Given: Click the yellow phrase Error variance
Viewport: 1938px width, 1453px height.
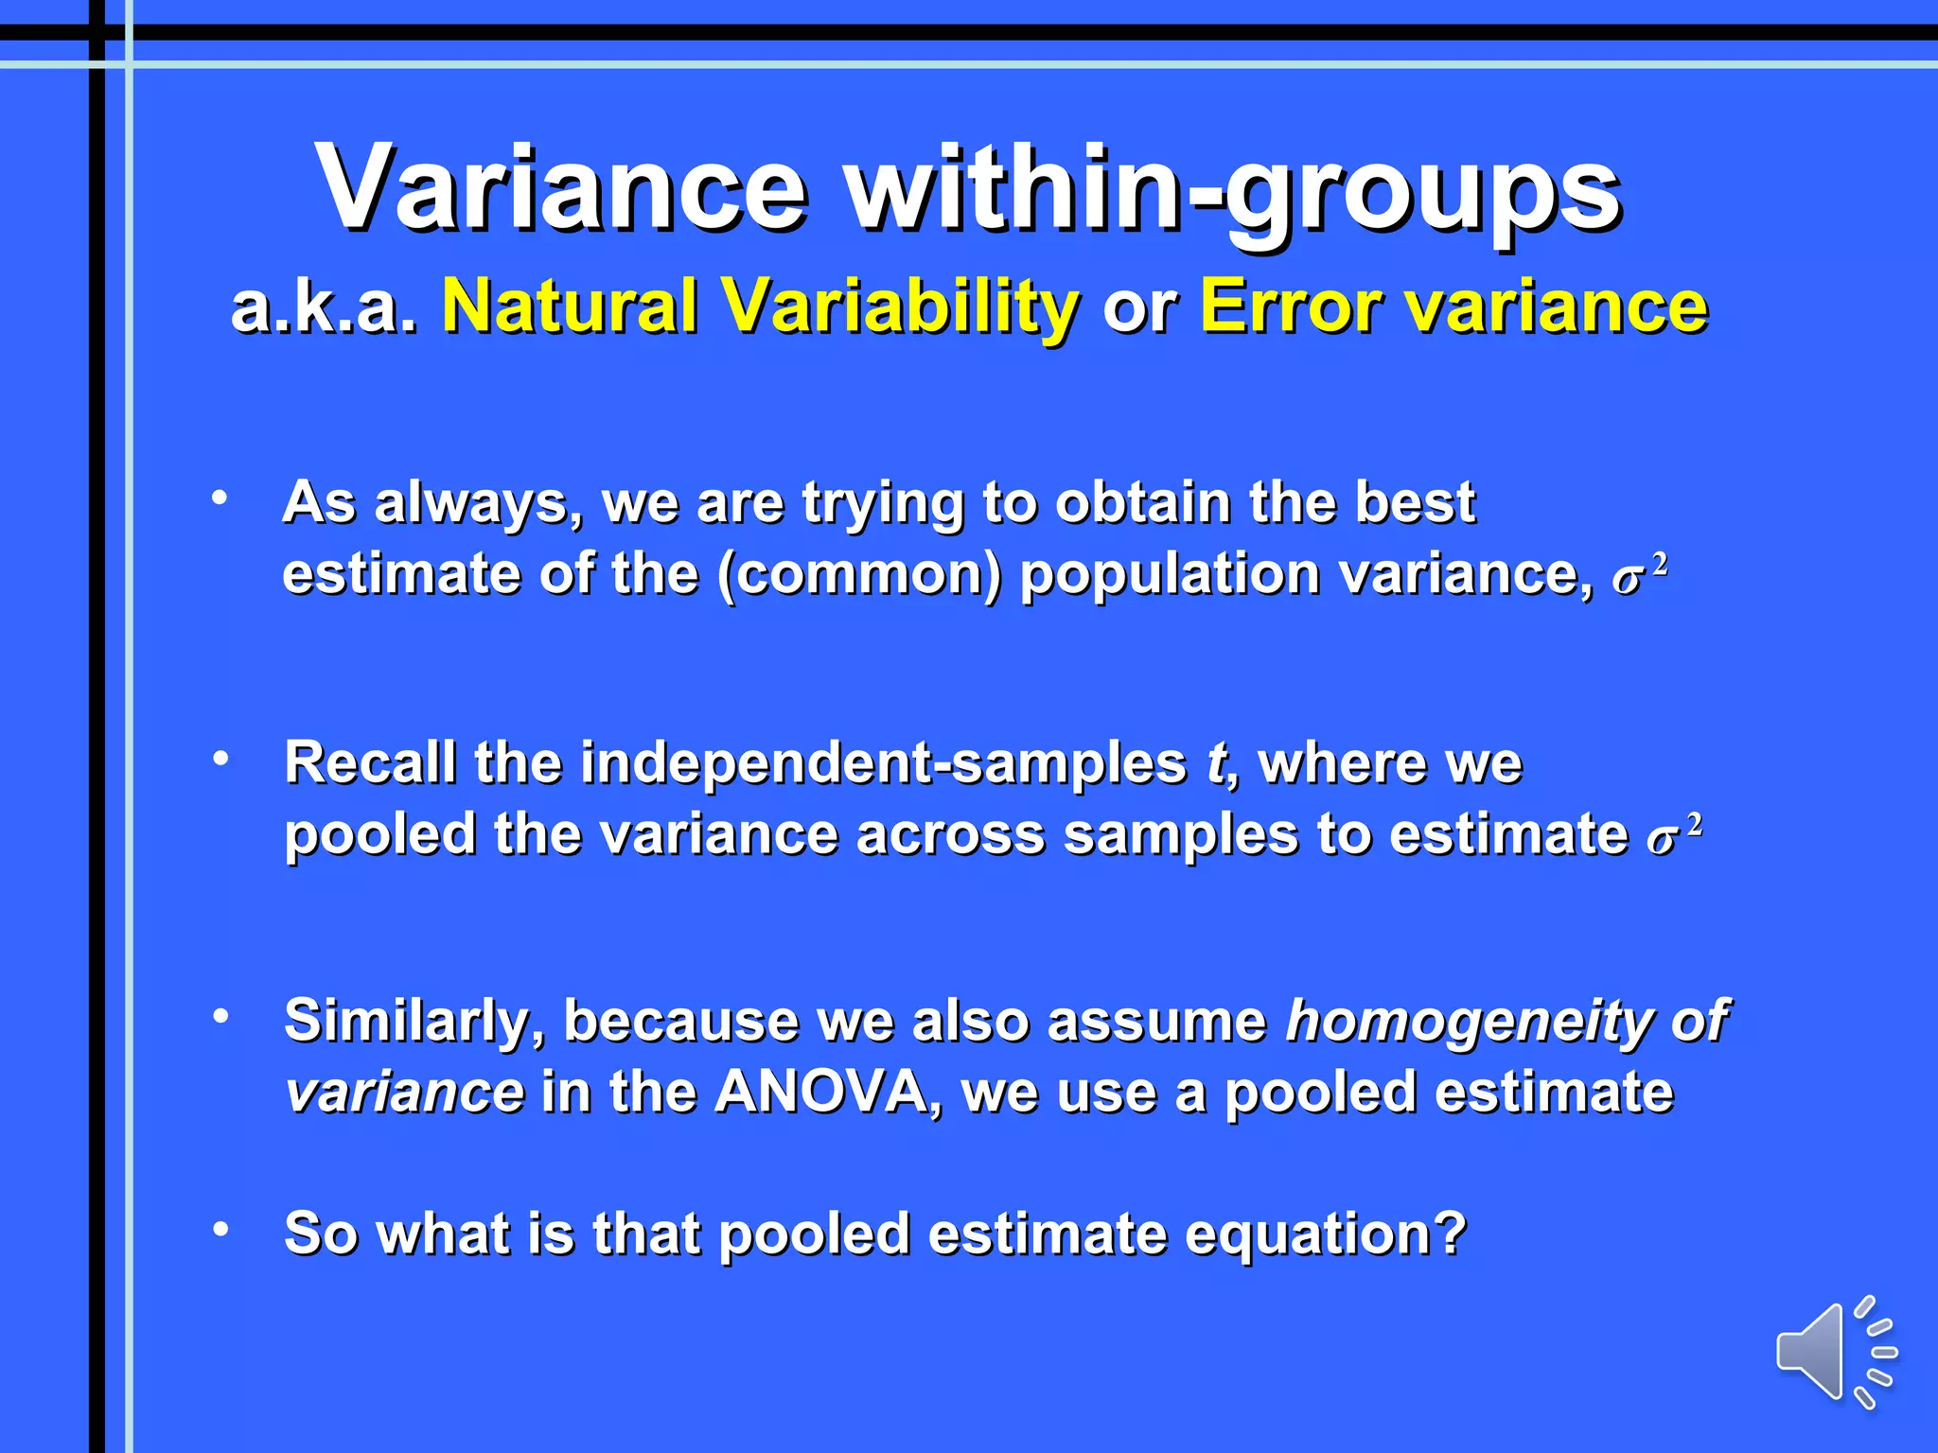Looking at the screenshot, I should (1453, 306).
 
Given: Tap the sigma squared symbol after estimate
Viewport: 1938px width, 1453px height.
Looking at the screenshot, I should (1673, 835).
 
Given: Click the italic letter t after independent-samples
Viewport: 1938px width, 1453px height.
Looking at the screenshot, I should (1216, 762).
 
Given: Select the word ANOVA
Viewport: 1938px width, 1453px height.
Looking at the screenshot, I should (821, 1093).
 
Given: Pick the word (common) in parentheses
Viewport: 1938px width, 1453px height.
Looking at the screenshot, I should (858, 574).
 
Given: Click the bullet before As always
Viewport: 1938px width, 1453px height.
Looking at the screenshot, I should (220, 498).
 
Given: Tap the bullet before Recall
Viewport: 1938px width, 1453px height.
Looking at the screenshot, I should (220, 758).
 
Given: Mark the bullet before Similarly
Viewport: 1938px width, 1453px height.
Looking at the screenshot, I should (220, 1017).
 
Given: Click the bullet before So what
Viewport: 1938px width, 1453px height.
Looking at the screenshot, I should (220, 1229).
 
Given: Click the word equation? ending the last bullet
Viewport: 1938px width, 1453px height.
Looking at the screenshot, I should (1325, 1234).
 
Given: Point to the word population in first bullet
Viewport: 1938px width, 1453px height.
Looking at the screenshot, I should (1170, 574).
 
